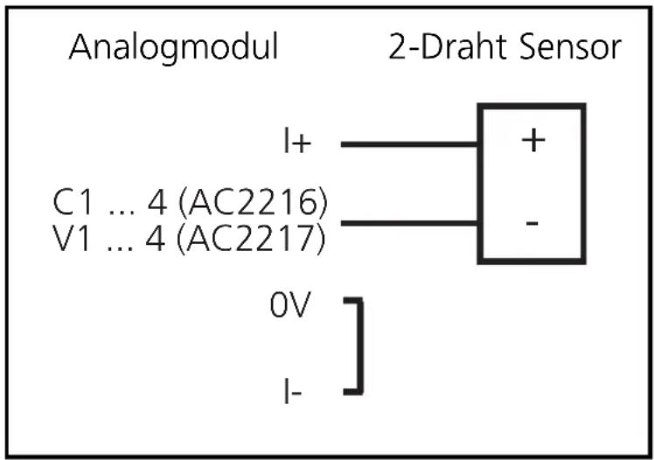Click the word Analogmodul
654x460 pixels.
pyautogui.click(x=173, y=47)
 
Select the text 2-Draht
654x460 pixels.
pyautogui.click(x=446, y=47)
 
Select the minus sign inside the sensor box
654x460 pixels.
pyautogui.click(x=531, y=222)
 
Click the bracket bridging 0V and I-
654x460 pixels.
pyautogui.click(x=358, y=346)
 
